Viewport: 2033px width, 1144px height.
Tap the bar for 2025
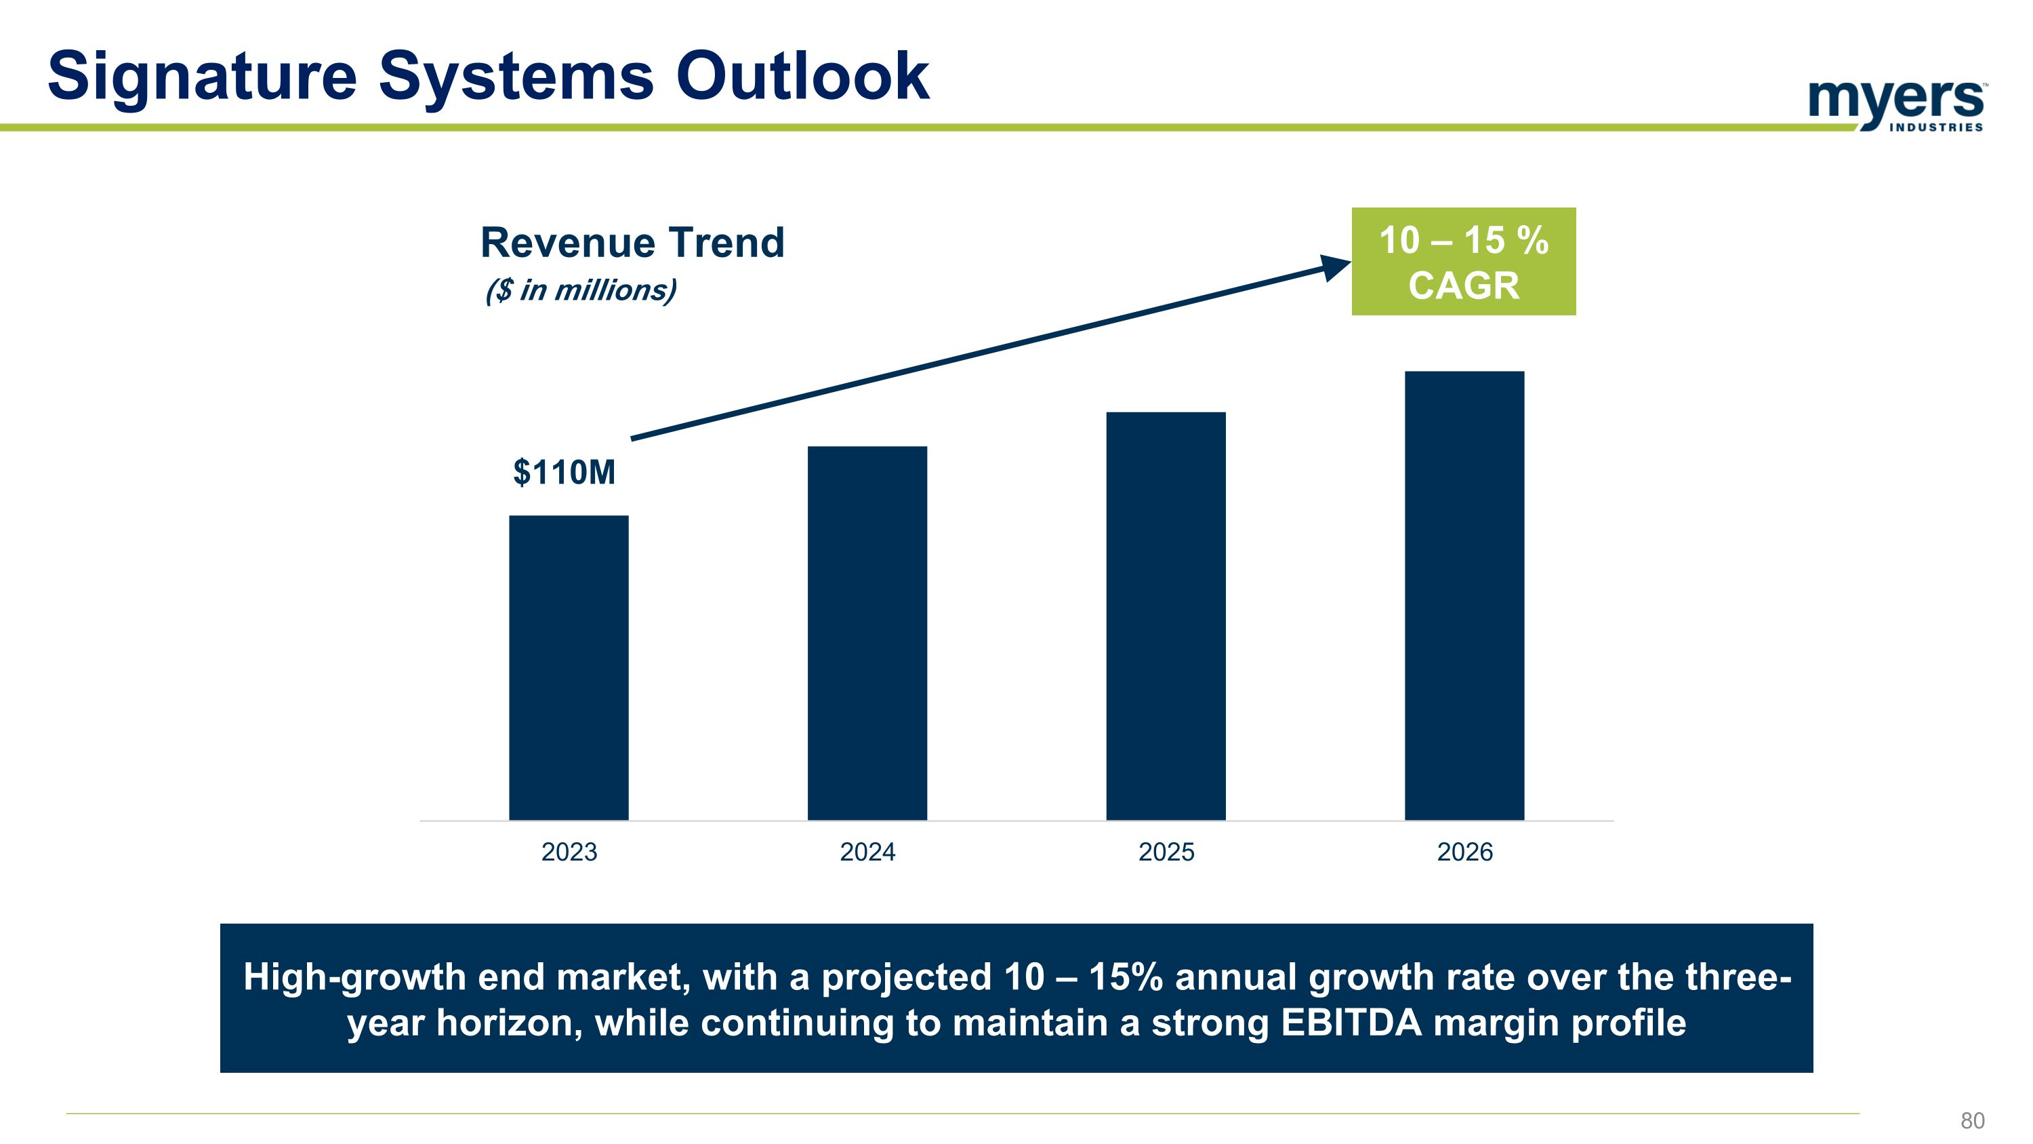pos(1166,616)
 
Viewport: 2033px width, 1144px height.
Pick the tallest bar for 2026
pos(1464,595)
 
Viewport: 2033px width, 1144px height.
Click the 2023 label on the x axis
pos(569,852)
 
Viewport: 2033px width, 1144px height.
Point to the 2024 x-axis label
pos(867,852)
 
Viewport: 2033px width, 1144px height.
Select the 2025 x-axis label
pos(1166,852)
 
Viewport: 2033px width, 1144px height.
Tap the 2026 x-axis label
pos(1464,852)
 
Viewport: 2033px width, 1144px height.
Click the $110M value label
pos(564,472)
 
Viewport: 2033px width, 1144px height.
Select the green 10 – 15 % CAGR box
pos(1463,261)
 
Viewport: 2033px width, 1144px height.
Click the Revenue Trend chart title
pos(632,242)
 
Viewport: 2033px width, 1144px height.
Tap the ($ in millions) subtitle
pos(581,290)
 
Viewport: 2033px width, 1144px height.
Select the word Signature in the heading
pos(202,77)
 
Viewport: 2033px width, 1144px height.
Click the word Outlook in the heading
pos(802,77)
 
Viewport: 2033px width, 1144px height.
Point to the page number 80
pos(1972,1120)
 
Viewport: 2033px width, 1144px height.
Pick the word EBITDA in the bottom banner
pos(1351,1023)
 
